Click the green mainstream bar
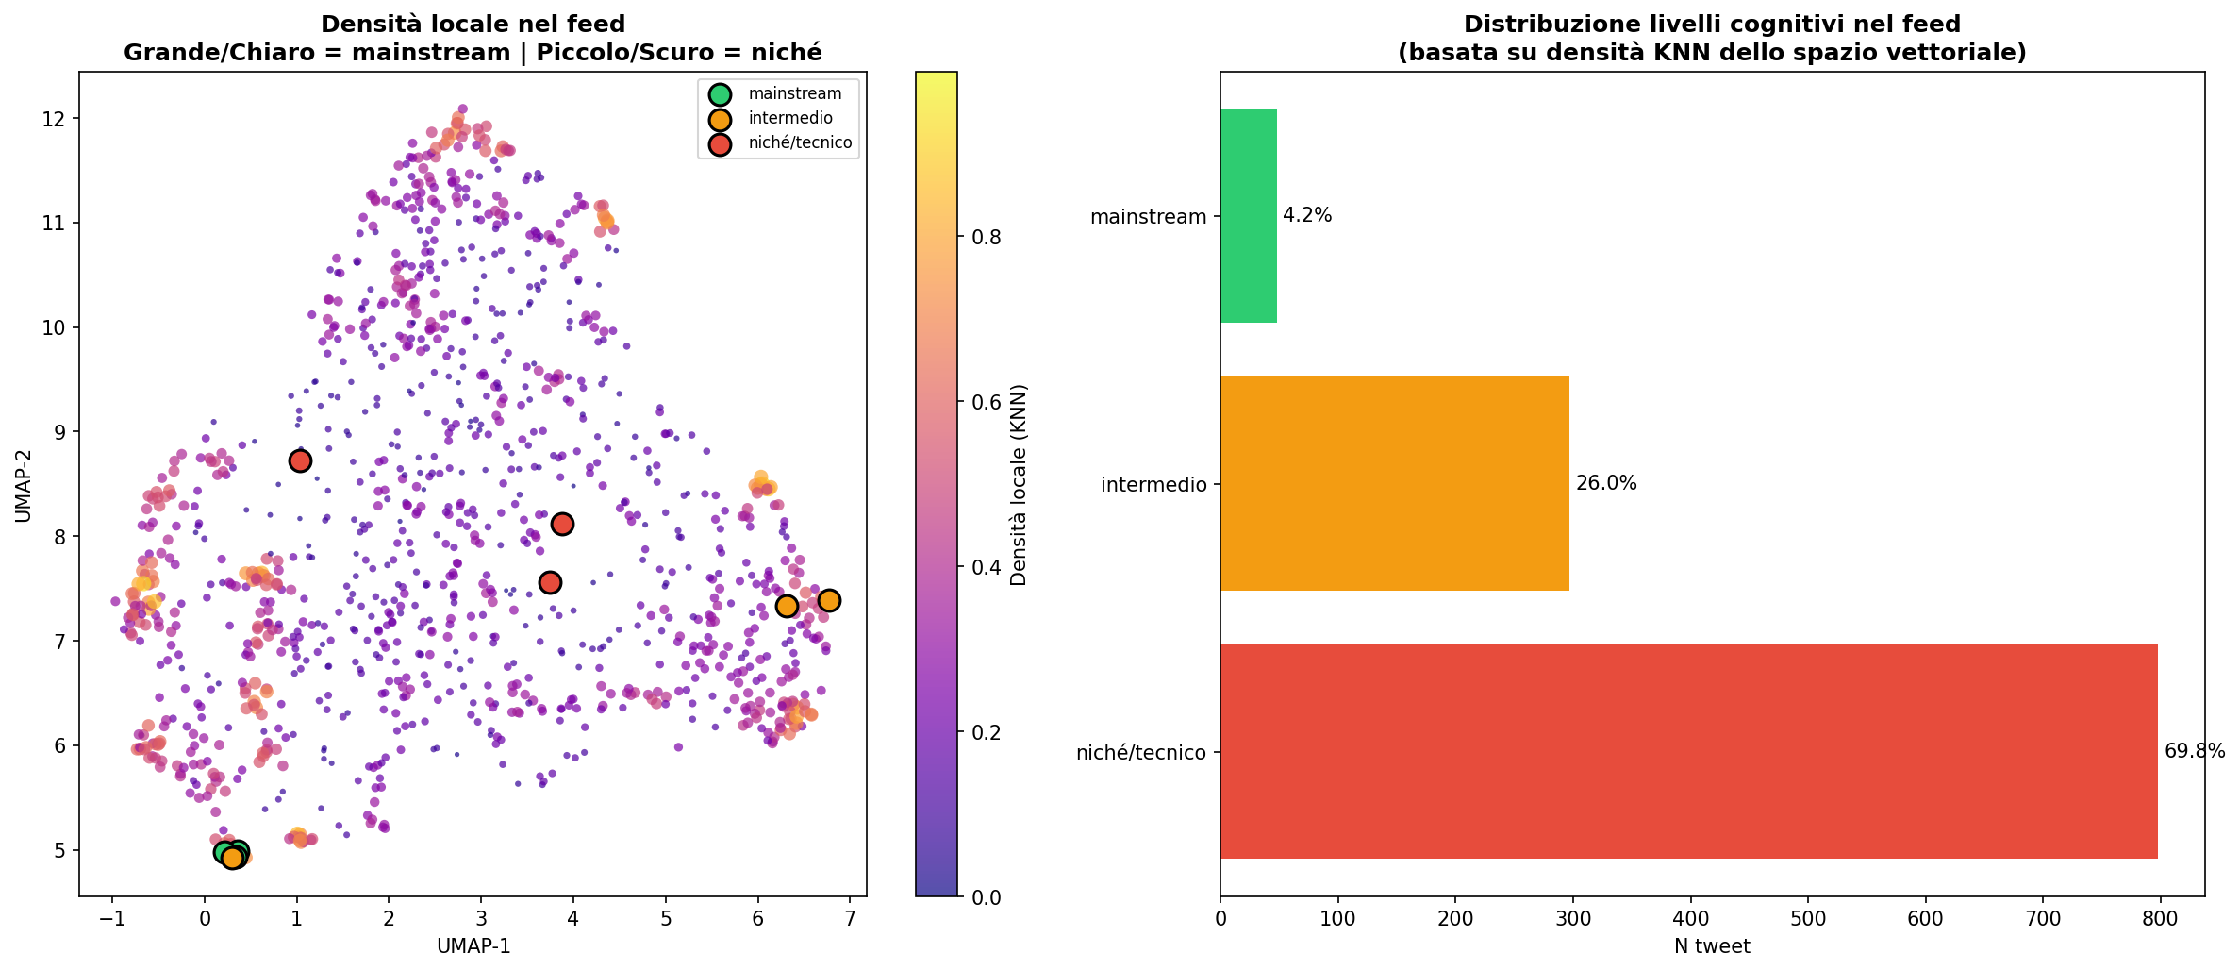coord(1249,216)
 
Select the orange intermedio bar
coord(1394,484)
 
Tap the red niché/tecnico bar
coord(1688,752)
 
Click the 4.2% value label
coord(1307,216)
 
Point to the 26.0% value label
coord(1606,484)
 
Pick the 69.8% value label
coord(2195,752)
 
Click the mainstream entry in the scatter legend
coord(794,94)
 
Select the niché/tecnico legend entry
coord(800,143)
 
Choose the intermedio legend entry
coord(790,119)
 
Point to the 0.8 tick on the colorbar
coord(987,238)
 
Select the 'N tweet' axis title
coord(1712,946)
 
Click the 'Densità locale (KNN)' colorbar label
coord(1019,485)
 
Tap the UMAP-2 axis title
coord(23,485)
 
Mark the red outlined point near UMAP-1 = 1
coord(300,460)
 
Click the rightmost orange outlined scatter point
coord(829,600)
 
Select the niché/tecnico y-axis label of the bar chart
coord(1141,753)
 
